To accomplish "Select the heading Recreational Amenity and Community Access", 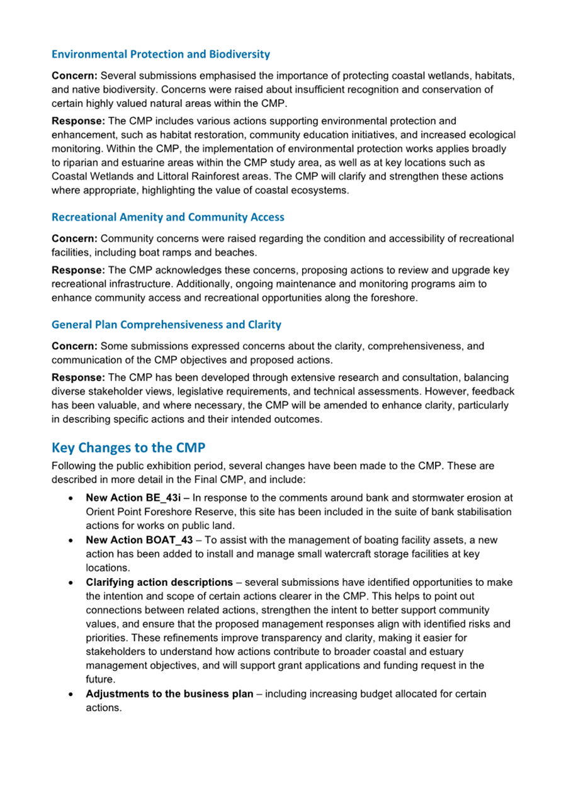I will click(167, 217).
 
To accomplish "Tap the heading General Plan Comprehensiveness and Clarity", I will click(166, 325).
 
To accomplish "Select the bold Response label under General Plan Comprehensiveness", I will click(77, 378).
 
